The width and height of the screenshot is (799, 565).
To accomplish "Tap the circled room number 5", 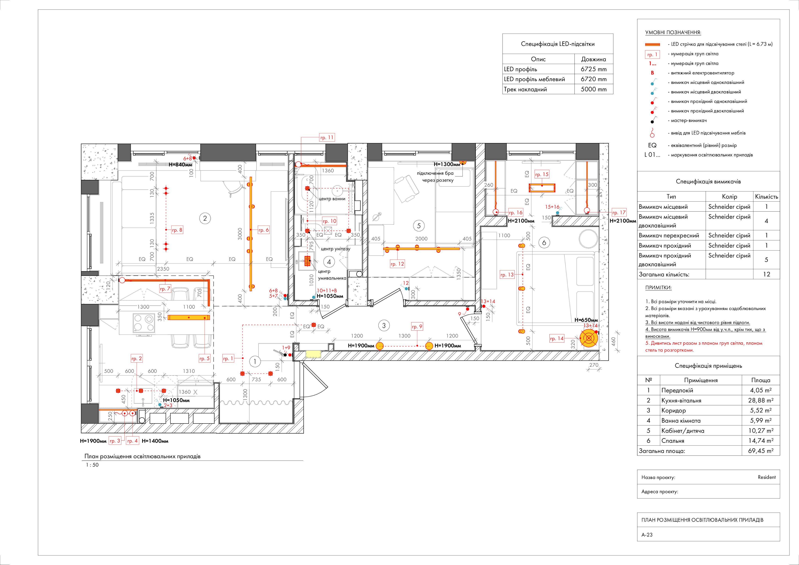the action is (419, 226).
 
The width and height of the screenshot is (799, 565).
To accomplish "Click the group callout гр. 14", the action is (557, 338).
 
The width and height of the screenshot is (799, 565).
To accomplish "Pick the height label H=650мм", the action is (586, 320).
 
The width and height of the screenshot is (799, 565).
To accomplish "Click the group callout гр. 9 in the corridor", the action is (417, 327).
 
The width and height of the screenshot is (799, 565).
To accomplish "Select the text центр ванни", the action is (332, 199).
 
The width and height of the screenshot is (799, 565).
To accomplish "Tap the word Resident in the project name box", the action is (767, 477).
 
